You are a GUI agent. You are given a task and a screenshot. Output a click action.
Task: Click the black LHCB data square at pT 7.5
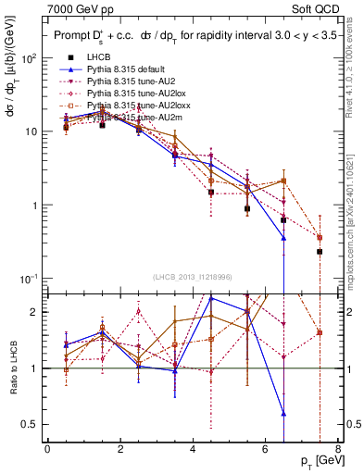(320, 252)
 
